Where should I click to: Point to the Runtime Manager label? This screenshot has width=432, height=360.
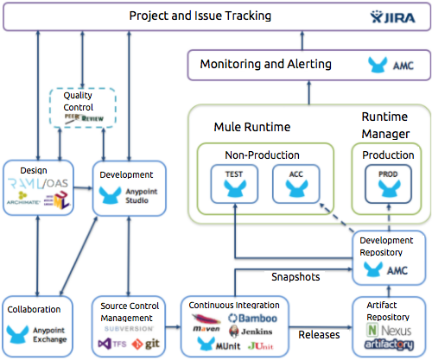[385, 124]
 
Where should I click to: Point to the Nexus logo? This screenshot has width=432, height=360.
[388, 329]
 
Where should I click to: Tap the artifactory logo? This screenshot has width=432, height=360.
[390, 344]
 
